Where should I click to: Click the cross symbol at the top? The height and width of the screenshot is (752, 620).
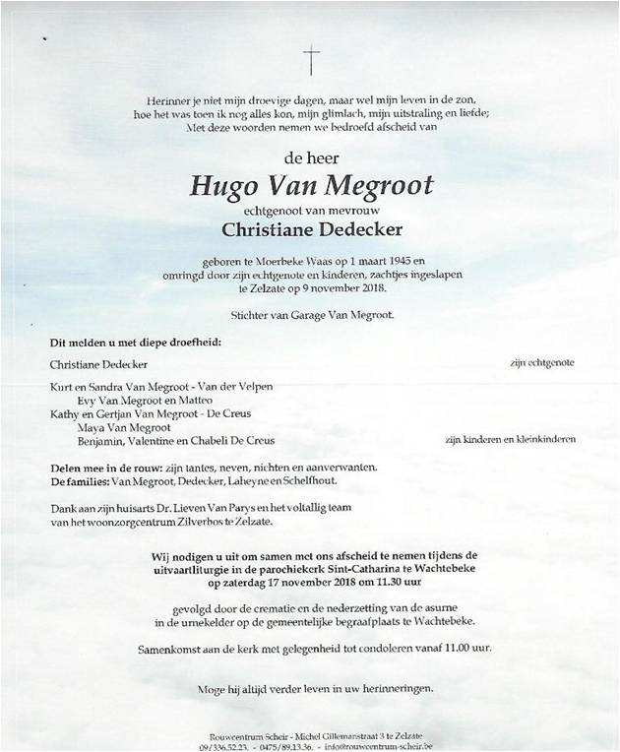coord(312,61)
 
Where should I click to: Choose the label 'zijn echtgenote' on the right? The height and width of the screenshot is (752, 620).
coord(541,362)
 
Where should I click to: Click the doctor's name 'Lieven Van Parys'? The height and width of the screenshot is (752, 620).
coord(217,507)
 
